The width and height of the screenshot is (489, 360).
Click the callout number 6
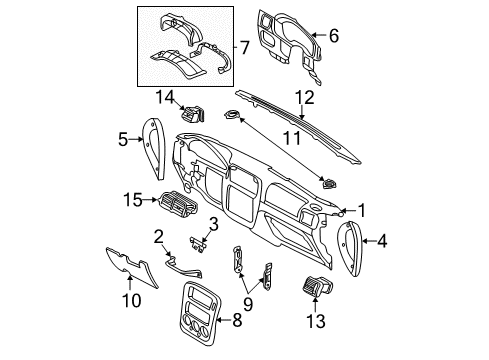pos(334,35)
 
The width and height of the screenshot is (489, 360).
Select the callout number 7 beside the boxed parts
pos(244,47)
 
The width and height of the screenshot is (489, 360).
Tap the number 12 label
pos(305,97)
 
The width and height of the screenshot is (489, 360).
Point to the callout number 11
pos(292,137)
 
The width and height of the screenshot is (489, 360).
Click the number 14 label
pos(165,97)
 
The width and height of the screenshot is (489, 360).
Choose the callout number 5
pos(123,139)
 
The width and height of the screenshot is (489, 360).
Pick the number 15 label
pos(133,200)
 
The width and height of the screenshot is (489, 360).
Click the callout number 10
pos(132,300)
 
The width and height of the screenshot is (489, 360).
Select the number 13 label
pos(315,321)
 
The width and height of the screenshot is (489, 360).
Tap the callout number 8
pos(237,320)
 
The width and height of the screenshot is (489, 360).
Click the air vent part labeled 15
pos(178,203)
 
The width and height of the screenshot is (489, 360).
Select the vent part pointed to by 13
pos(318,286)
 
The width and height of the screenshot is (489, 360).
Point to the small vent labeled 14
pos(194,114)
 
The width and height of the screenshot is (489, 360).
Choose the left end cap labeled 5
pos(154,148)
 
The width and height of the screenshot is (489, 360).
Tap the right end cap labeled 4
pos(350,248)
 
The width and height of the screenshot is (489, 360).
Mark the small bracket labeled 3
pos(198,244)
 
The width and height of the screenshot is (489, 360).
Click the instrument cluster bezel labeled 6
pos(290,47)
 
